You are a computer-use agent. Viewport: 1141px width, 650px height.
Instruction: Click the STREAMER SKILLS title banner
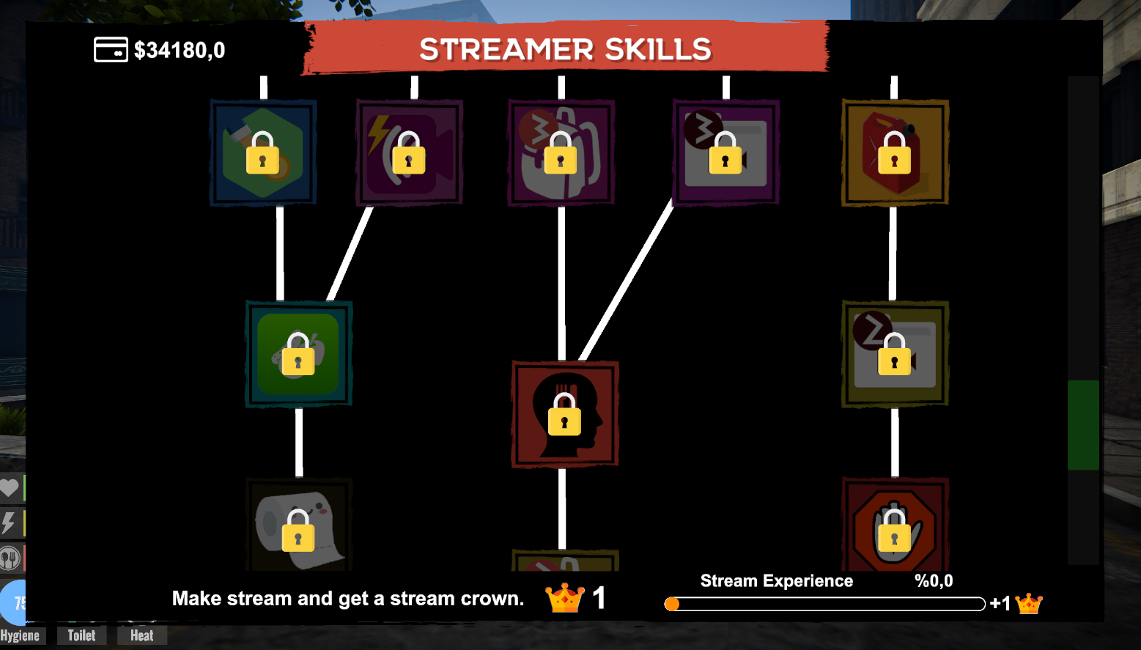pyautogui.click(x=565, y=49)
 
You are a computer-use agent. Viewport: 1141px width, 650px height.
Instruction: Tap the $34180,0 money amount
pyautogui.click(x=180, y=51)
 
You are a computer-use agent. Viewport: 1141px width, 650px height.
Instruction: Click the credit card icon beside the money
pyautogui.click(x=111, y=50)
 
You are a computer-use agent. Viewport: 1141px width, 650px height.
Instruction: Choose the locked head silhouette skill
pyautogui.click(x=564, y=414)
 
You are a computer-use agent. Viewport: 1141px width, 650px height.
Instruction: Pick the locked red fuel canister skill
pyautogui.click(x=894, y=152)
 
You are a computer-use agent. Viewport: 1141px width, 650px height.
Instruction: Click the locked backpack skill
pyautogui.click(x=561, y=152)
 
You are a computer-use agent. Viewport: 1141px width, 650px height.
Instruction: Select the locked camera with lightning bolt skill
pyautogui.click(x=409, y=152)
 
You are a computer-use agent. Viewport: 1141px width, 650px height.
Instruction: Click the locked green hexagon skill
pyautogui.click(x=263, y=152)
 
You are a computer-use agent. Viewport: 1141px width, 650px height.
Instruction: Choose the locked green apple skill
pyautogui.click(x=298, y=353)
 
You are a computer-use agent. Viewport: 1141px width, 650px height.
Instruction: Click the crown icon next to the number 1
pyautogui.click(x=566, y=599)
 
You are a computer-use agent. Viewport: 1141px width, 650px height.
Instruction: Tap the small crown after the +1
pyautogui.click(x=1029, y=604)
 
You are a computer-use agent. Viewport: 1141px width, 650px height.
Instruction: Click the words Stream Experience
pyautogui.click(x=776, y=581)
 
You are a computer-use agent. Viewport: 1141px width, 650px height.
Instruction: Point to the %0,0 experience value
pyautogui.click(x=934, y=581)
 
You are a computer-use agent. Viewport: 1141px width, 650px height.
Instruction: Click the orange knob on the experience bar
pyautogui.click(x=672, y=604)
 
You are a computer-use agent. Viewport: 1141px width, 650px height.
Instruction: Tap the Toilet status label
pyautogui.click(x=81, y=635)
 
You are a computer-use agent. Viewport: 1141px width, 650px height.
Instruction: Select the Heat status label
pyautogui.click(x=141, y=635)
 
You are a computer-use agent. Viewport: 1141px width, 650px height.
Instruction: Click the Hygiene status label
pyautogui.click(x=21, y=635)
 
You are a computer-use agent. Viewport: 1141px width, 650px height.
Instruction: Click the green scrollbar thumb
pyautogui.click(x=1082, y=425)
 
